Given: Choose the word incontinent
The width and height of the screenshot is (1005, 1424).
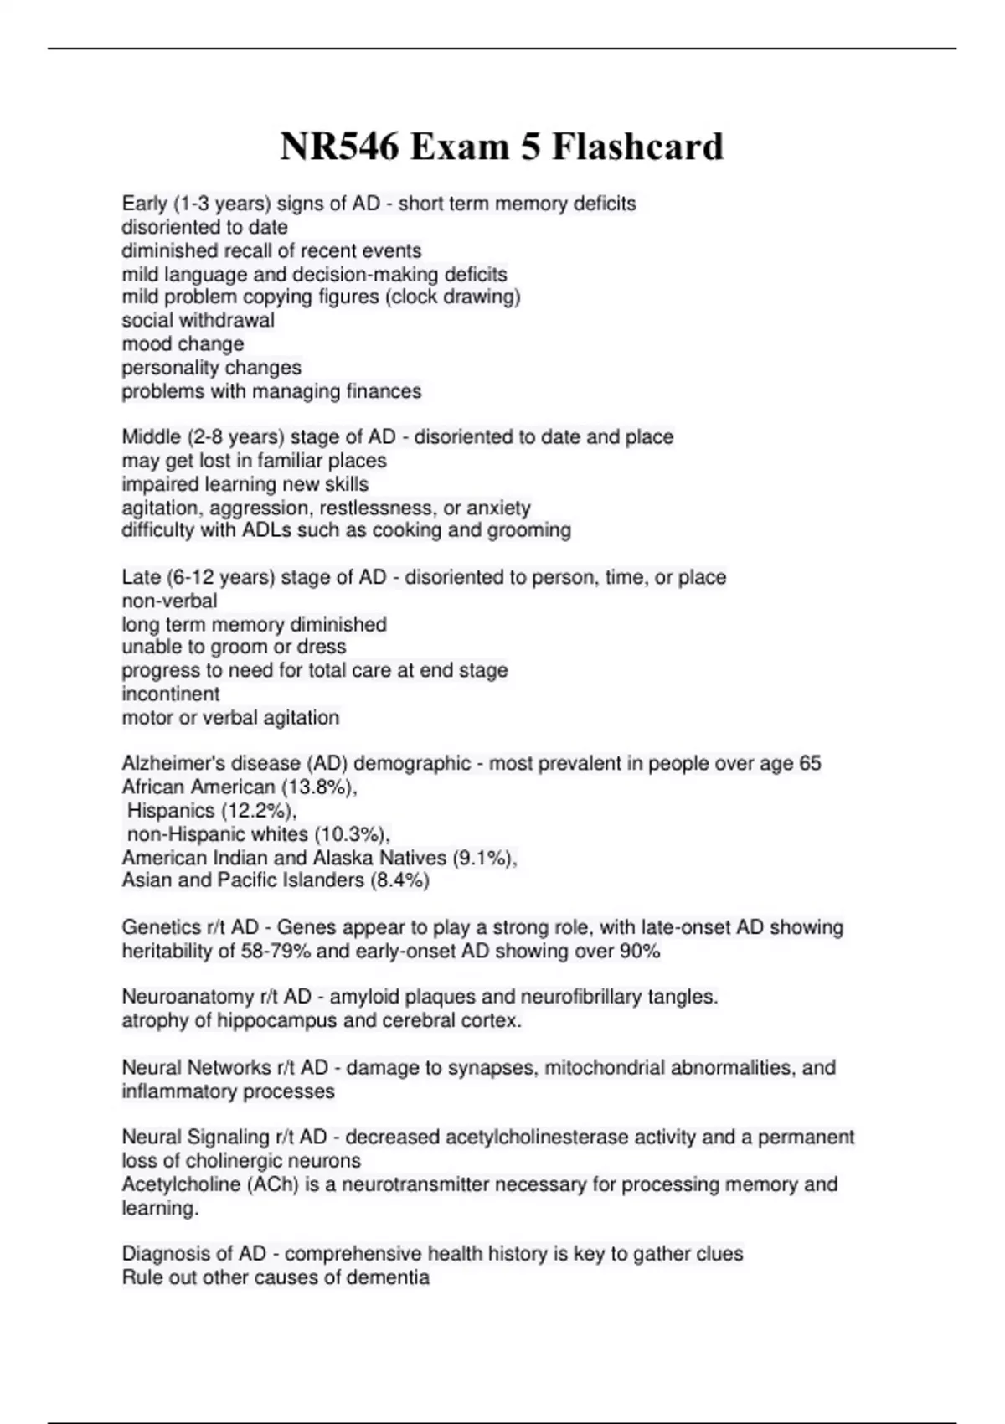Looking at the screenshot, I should (x=171, y=694).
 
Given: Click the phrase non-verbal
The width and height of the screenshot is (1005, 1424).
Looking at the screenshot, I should (x=169, y=601).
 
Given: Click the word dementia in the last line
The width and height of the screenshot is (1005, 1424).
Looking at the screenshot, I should (x=390, y=1278).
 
